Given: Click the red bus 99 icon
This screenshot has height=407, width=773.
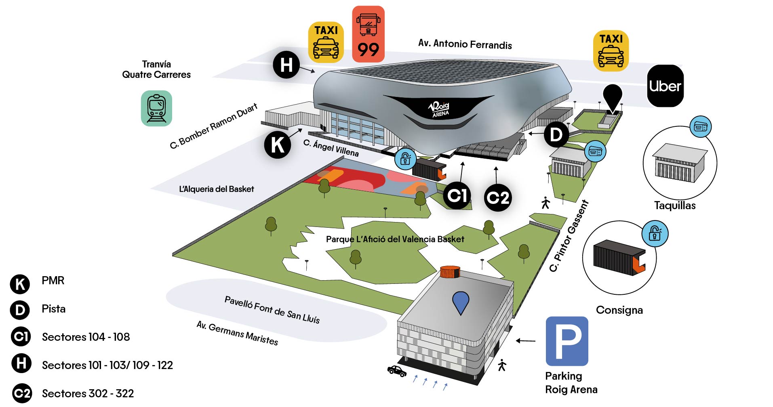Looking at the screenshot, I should coord(368,34).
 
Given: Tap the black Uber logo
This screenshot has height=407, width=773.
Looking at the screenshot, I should coord(665,86).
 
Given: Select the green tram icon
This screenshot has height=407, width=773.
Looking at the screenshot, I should coord(156,108).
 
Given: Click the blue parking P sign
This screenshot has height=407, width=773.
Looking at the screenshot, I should coord(567,341).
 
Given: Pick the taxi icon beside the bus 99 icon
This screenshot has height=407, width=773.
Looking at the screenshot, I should coord(326,42).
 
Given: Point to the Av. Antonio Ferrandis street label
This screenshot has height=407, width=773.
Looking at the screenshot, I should coord(465,44).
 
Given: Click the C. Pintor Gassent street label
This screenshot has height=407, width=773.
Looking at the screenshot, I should coord(569,236).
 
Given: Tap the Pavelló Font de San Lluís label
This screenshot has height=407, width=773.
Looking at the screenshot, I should coord(272,310).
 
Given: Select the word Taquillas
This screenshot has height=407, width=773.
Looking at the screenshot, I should coord(675,206).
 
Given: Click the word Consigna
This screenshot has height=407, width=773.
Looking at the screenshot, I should coord(619,310).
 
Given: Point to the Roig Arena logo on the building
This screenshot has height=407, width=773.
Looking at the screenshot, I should coord(439,109).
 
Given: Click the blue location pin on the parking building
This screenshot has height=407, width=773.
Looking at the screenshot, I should coord(461,302).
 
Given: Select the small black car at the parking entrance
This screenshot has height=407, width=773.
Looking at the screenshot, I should coord(396,371).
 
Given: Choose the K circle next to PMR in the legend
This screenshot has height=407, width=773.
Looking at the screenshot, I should coord(20,284).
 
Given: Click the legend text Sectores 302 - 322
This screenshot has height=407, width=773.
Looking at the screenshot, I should coord(88,393).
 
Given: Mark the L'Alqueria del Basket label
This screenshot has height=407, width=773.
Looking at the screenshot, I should coord(216,189).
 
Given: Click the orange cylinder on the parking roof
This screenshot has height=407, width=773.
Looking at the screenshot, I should coord(450,271).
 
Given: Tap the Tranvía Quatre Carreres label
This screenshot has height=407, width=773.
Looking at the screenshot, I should coord(156,69).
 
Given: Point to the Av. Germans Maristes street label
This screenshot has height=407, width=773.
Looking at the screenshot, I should coord(237,333).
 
